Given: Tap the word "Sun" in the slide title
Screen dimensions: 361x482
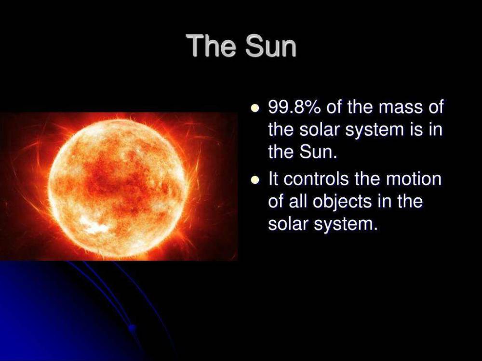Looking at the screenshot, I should pos(270,46).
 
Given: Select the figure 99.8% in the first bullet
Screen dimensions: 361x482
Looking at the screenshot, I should pos(295,107).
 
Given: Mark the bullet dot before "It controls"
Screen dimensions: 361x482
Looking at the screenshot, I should pos(255,180).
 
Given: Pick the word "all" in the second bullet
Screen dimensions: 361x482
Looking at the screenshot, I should pos(296,201).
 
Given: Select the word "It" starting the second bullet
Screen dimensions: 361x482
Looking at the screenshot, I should pos(273,179).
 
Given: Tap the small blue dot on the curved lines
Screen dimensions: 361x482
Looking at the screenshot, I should pos(131,327).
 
